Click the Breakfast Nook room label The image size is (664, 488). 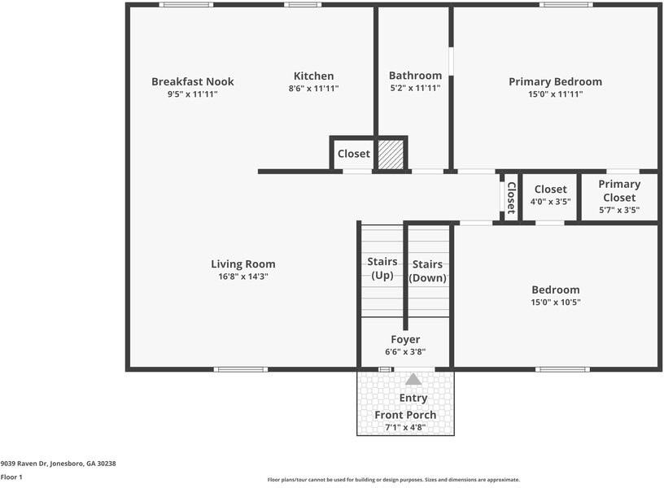(x=193, y=81)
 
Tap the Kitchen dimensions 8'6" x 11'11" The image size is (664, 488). (x=313, y=89)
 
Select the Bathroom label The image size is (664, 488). (x=415, y=76)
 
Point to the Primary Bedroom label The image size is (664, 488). (x=555, y=81)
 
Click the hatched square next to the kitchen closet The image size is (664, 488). (x=391, y=154)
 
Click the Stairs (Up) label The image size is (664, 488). (x=382, y=268)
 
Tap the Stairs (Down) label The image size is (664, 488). (x=427, y=271)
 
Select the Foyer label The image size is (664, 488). (x=405, y=339)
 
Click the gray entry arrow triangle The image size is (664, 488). (x=413, y=379)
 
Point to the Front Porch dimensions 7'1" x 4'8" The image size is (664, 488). (x=405, y=428)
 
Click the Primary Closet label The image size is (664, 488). (x=619, y=190)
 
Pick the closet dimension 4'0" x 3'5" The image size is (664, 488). (x=550, y=202)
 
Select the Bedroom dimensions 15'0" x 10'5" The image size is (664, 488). (x=556, y=302)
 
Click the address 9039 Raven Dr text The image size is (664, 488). (x=58, y=463)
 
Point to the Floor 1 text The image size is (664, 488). (x=11, y=477)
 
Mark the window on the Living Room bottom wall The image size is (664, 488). (x=240, y=369)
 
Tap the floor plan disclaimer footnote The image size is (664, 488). (x=393, y=480)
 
